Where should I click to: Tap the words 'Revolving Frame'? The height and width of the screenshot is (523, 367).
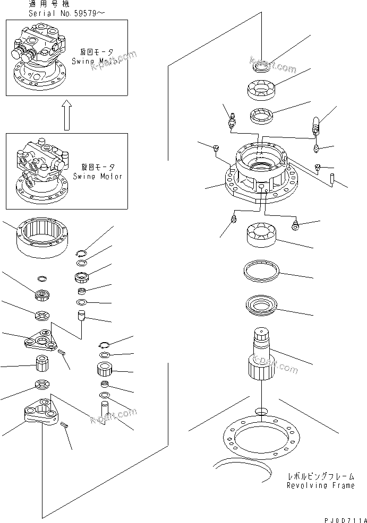320,485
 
